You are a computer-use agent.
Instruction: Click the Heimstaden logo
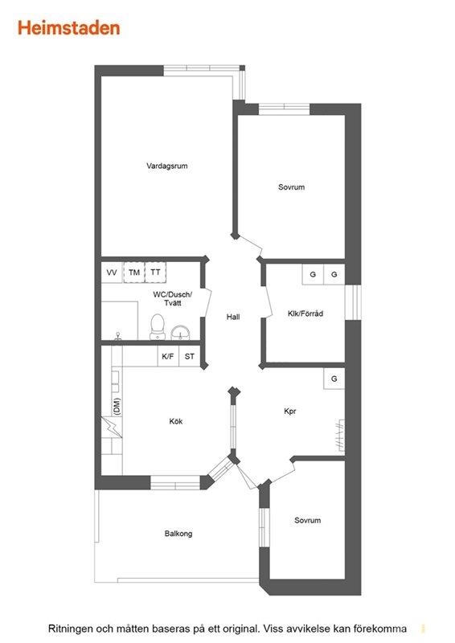[69, 28]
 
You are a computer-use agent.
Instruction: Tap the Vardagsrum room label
[167, 166]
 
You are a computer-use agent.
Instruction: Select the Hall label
[233, 317]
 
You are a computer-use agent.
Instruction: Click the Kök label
[176, 421]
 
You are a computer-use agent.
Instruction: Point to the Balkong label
[178, 534]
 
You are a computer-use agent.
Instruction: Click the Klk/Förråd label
[305, 313]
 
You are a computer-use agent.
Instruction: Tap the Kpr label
[290, 411]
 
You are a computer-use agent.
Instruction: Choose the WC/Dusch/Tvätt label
[173, 298]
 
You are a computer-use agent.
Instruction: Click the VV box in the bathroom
[112, 272]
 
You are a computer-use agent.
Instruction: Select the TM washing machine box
[134, 272]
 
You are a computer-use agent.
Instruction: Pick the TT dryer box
[155, 272]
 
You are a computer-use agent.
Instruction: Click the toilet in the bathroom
[158, 327]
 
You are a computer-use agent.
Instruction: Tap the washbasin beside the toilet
[181, 333]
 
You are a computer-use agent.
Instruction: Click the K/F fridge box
[168, 356]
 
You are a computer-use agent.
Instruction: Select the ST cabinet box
[190, 356]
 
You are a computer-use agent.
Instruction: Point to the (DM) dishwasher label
[117, 407]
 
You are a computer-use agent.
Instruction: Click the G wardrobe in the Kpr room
[334, 379]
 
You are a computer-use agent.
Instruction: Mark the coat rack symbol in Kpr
[340, 435]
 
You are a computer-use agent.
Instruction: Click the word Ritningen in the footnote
[70, 629]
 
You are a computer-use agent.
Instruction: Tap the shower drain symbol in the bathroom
[118, 336]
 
